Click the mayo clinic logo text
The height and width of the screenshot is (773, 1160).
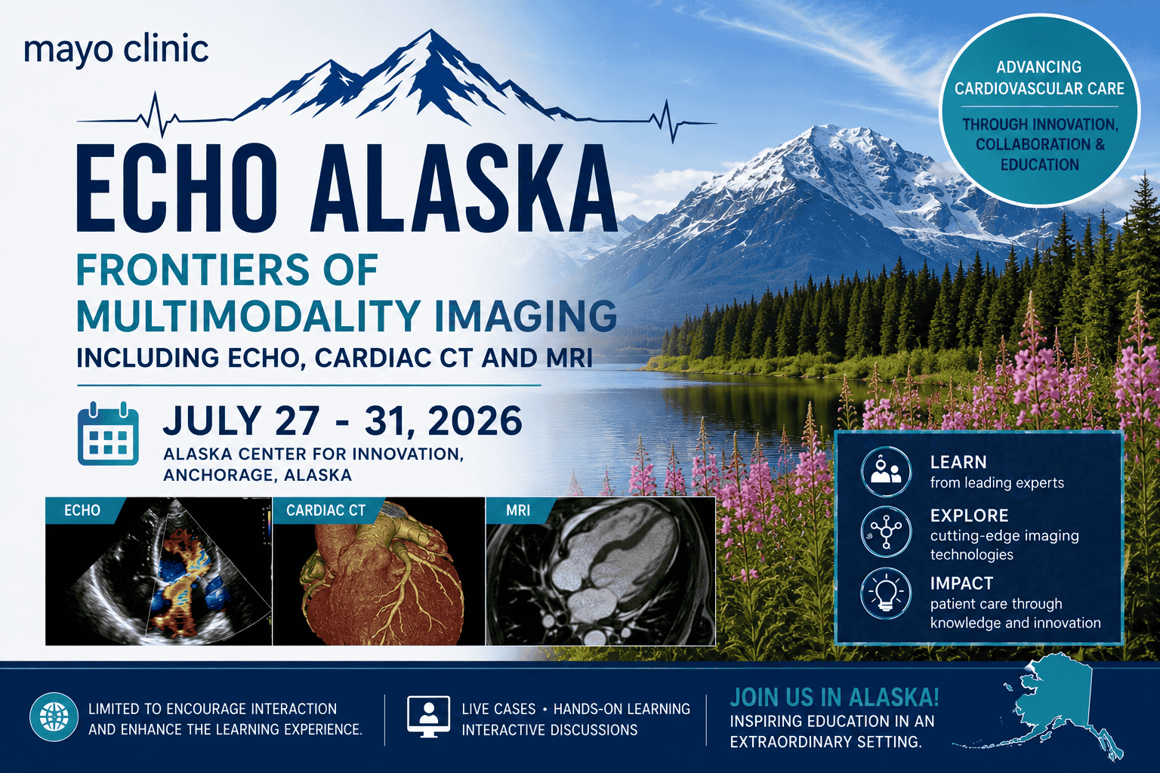[116, 51]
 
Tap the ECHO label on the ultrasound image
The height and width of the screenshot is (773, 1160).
[82, 510]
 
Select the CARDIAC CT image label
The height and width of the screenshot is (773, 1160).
[325, 510]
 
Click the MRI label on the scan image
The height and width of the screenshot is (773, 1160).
[518, 510]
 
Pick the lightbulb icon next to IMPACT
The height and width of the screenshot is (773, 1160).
[886, 593]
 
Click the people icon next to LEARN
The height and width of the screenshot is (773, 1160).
[886, 472]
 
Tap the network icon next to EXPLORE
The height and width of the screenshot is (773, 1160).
[886, 531]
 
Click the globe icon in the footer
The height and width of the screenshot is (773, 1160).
[54, 716]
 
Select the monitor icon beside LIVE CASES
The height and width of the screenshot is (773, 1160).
[428, 716]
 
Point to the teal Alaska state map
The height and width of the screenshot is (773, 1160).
[1051, 710]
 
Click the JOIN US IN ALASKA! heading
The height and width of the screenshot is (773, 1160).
[835, 698]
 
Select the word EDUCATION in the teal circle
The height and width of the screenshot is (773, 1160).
[1039, 165]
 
